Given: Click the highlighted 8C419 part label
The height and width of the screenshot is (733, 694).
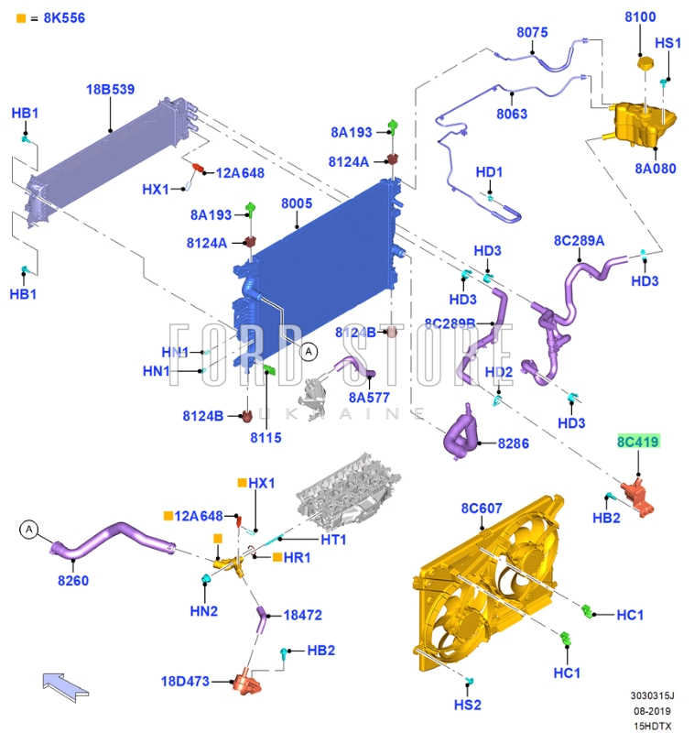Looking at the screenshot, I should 638,443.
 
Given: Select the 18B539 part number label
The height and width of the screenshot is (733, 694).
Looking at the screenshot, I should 110,90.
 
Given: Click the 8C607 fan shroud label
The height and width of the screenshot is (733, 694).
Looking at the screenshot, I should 481,508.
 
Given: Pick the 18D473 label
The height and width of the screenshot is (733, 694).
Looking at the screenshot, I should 185,682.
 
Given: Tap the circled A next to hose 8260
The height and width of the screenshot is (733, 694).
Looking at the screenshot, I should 29,529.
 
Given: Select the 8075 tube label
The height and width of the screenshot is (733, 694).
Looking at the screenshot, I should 532,32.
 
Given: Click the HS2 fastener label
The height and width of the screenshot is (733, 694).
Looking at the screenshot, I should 467,705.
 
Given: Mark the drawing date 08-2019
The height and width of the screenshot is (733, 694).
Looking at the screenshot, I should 652,710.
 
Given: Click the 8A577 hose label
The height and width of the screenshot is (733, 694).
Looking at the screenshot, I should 369,398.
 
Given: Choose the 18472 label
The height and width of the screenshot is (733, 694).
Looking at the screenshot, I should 302,615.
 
